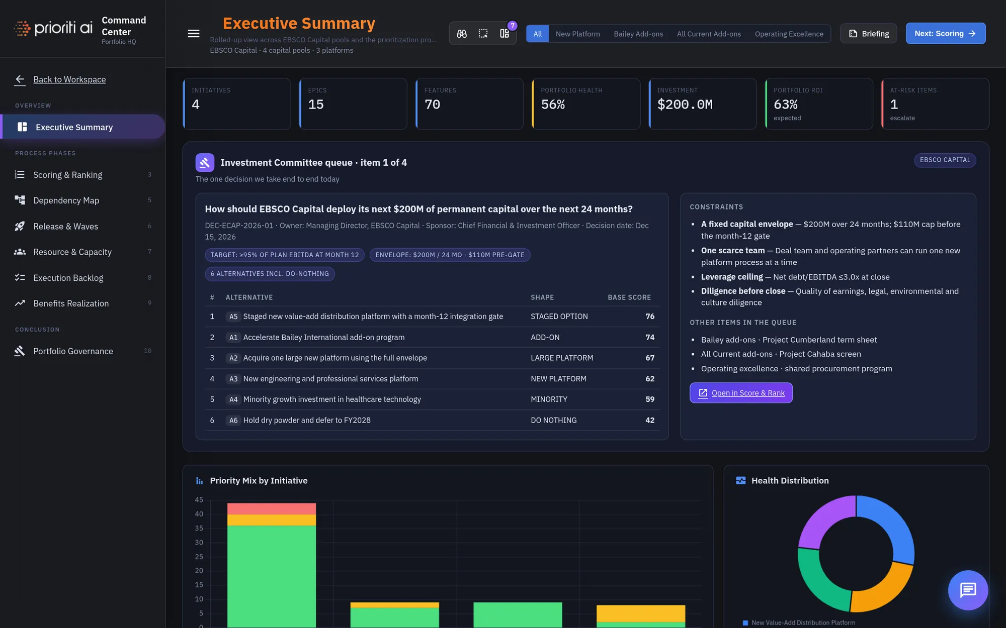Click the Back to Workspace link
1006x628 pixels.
(x=69, y=79)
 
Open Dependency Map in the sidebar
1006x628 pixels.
(x=66, y=200)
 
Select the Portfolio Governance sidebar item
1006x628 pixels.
(x=73, y=351)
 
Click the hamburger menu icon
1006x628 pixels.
(x=194, y=34)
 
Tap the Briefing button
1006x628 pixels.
(x=869, y=34)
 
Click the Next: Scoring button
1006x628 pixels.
(x=946, y=34)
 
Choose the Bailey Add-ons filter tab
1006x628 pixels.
(x=638, y=34)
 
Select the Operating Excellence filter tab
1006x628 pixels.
(x=789, y=34)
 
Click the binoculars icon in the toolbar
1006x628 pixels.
(x=462, y=34)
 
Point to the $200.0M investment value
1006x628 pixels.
(x=685, y=104)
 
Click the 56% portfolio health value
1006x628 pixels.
(x=553, y=104)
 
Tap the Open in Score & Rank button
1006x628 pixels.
(x=741, y=393)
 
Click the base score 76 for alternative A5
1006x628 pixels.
(x=650, y=317)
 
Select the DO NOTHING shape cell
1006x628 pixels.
(x=554, y=421)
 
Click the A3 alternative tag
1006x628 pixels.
(x=233, y=379)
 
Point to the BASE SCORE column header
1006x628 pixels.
(x=629, y=297)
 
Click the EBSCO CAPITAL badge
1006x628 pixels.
(x=945, y=160)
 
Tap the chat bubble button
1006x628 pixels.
(x=968, y=590)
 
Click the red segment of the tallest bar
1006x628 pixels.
(x=272, y=509)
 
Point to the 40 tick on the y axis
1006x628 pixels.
(x=199, y=514)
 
